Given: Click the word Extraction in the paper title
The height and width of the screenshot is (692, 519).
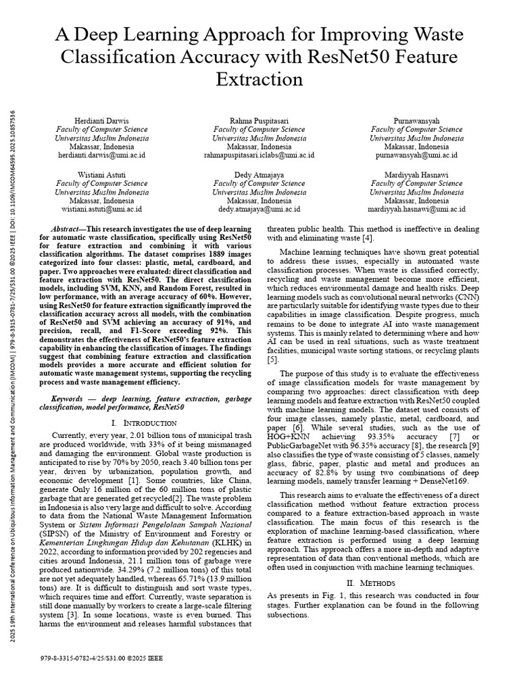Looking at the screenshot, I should (259, 79).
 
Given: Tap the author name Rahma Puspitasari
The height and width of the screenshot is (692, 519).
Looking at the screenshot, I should (259, 120).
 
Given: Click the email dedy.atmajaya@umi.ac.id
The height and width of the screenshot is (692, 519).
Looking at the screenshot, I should (259, 209).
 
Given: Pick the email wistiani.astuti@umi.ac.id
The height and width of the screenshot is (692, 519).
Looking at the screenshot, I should (101, 209).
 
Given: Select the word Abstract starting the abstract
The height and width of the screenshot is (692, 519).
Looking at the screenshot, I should (67, 230).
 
